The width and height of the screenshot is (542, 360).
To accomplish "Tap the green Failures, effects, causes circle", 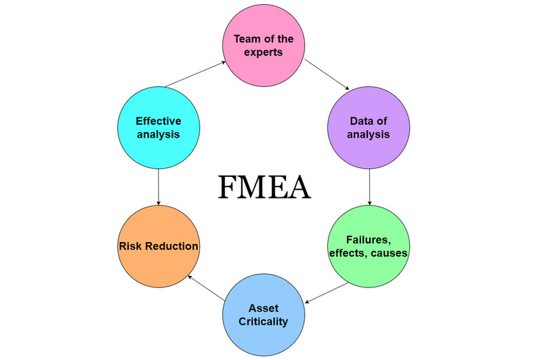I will [x=369, y=246].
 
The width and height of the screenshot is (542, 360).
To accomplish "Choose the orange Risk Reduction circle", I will [x=158, y=246].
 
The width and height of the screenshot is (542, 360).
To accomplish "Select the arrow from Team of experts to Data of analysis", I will [x=326, y=75].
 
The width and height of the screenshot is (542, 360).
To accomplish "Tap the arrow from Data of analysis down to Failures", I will [x=369, y=186].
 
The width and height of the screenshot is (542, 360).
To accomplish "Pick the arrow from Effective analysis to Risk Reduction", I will [x=158, y=186].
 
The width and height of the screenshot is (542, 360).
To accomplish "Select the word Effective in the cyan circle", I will [x=158, y=121].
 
